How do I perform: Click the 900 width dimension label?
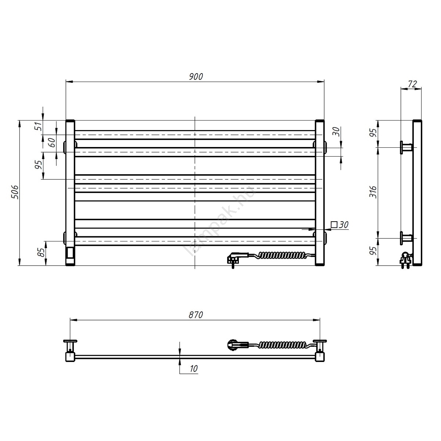(x=196, y=77)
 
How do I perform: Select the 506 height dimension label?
(x=15, y=192)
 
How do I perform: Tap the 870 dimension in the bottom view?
(x=196, y=315)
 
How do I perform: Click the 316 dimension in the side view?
(x=373, y=192)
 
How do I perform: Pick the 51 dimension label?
(x=39, y=126)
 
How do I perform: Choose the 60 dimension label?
(x=52, y=143)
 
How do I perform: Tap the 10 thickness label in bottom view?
(x=194, y=369)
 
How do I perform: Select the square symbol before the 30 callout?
(x=334, y=225)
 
